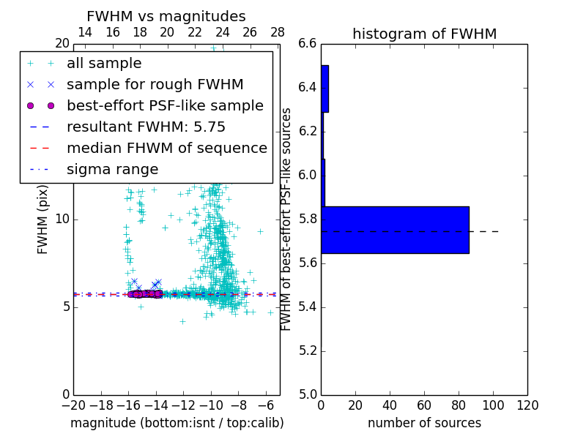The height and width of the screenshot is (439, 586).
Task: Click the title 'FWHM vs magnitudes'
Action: coord(166,16)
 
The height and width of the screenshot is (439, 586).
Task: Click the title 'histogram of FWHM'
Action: coord(424,34)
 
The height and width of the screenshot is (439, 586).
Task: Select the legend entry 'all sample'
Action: coord(104,64)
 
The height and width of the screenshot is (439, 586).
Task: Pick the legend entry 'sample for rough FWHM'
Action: coord(155,84)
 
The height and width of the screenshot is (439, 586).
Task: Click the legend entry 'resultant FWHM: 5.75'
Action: coord(146,127)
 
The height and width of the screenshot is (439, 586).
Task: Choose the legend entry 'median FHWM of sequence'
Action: coord(166,148)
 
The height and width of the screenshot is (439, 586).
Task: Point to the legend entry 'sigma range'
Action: coord(112,169)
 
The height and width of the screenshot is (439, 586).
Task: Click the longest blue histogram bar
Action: coord(395,230)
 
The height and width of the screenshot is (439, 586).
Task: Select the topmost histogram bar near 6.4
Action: coord(324,89)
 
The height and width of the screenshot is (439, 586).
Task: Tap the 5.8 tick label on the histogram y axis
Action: coord(306,219)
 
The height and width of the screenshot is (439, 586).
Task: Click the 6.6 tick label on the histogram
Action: coord(306,44)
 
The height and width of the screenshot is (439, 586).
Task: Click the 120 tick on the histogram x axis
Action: coord(527,405)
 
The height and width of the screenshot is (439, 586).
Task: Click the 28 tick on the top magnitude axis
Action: coord(278,32)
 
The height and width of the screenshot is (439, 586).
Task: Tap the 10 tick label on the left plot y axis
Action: coord(62,219)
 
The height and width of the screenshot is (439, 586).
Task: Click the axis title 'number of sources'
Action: coord(424,423)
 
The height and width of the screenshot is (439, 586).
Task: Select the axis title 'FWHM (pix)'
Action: coord(43,219)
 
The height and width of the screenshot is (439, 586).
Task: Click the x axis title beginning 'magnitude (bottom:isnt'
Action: coord(177,423)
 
